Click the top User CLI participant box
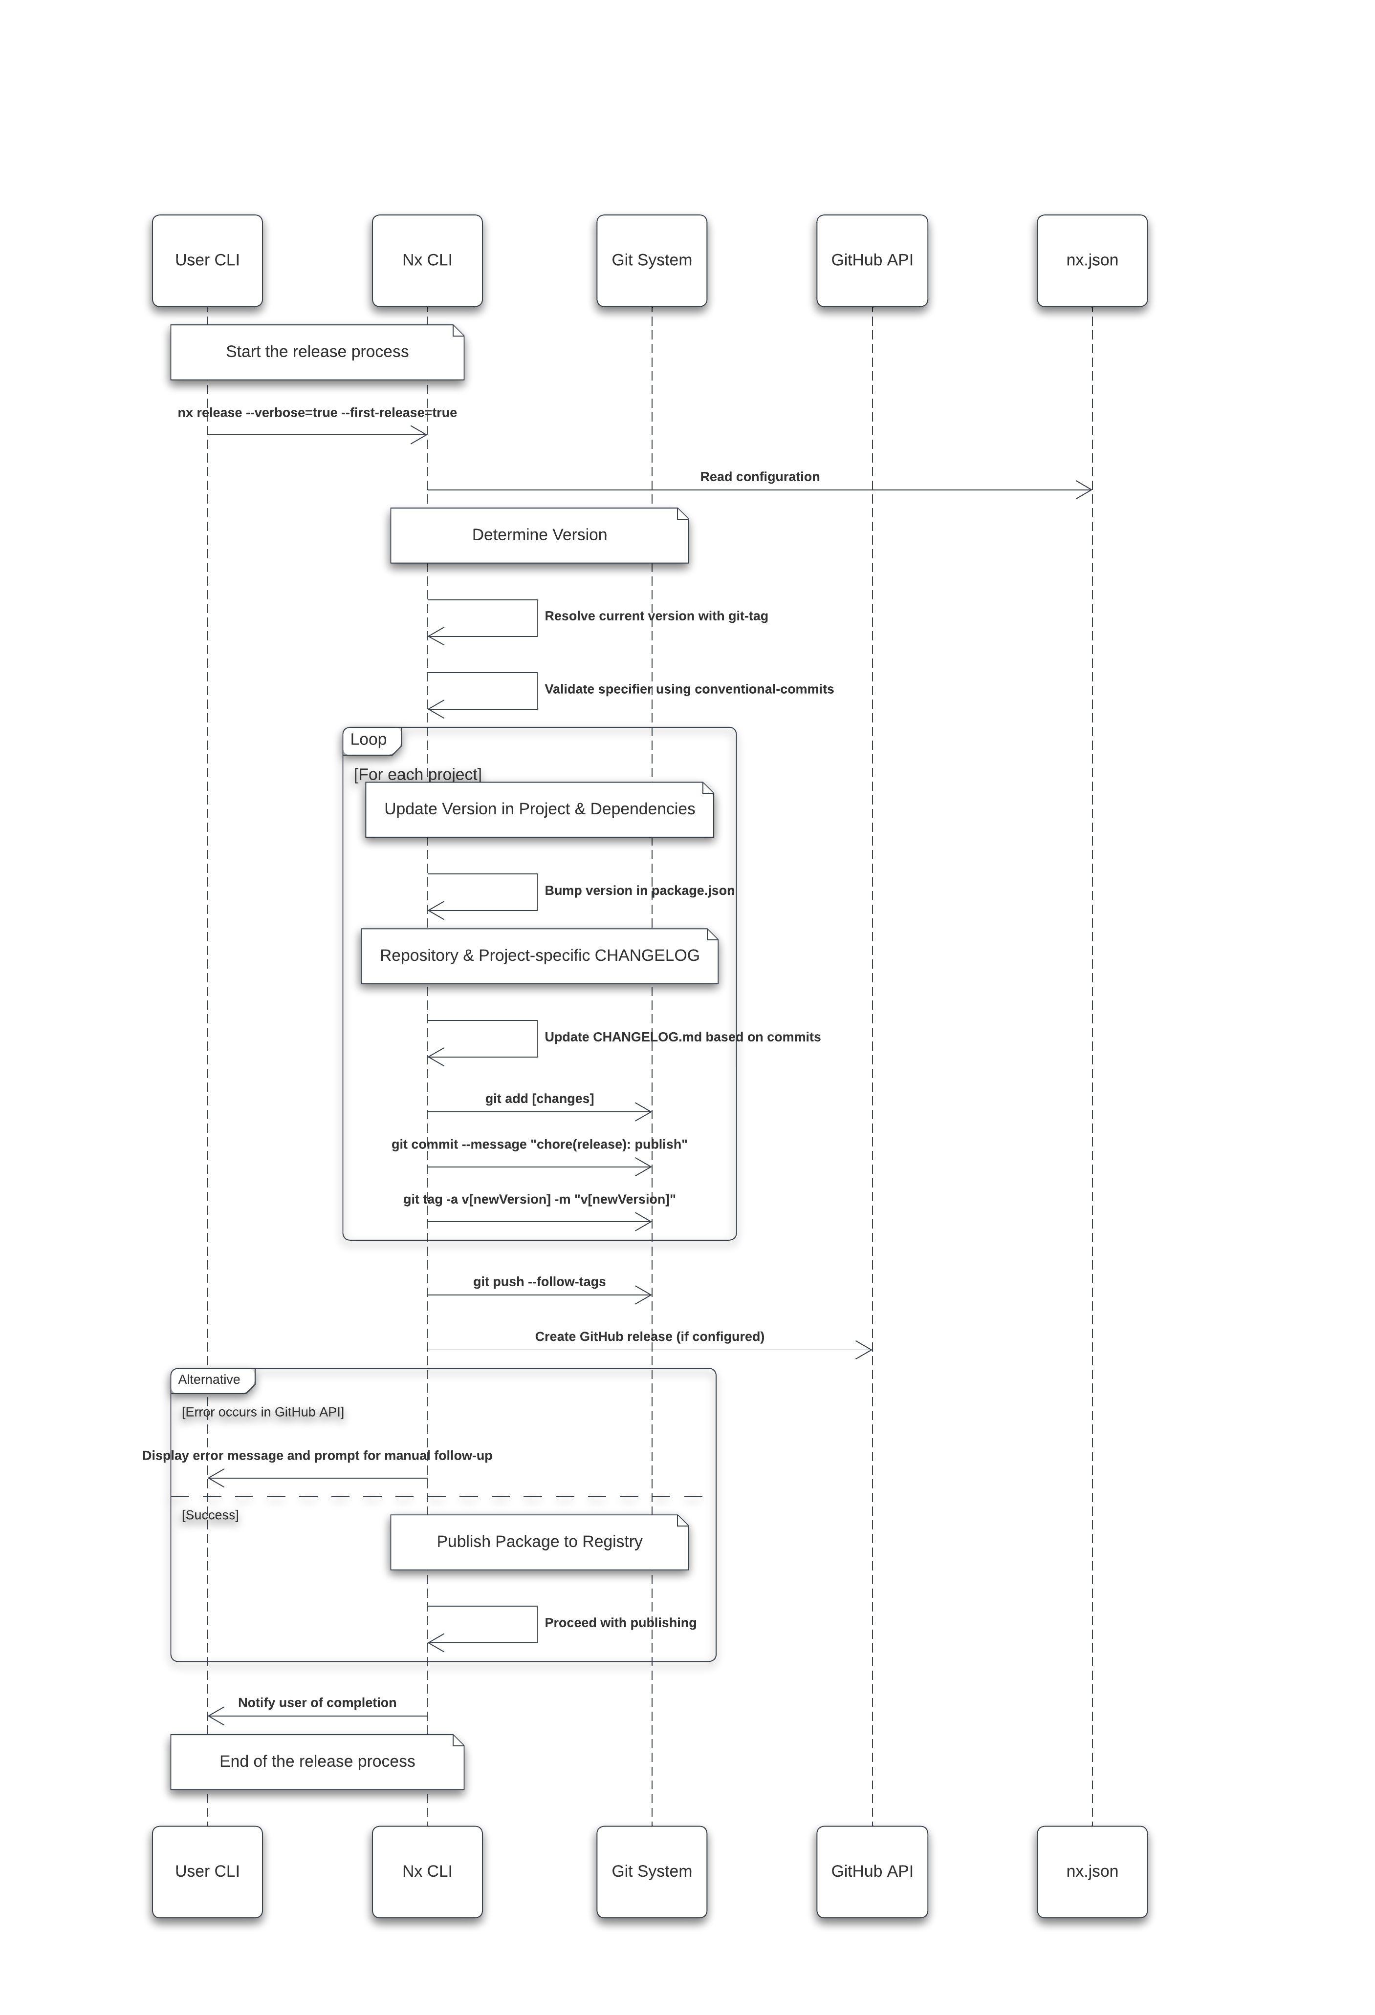point(207,260)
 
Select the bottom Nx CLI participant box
point(427,1871)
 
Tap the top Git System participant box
point(652,260)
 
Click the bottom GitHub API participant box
point(872,1871)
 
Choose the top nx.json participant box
point(1092,260)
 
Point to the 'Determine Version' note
point(539,535)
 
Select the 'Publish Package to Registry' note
point(539,1542)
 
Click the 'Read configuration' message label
point(759,477)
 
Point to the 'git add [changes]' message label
point(539,1099)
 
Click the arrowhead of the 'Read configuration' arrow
point(1086,490)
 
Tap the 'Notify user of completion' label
point(317,1703)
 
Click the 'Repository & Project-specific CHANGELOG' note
point(539,955)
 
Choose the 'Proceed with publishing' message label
point(620,1623)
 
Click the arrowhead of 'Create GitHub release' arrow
point(866,1350)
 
